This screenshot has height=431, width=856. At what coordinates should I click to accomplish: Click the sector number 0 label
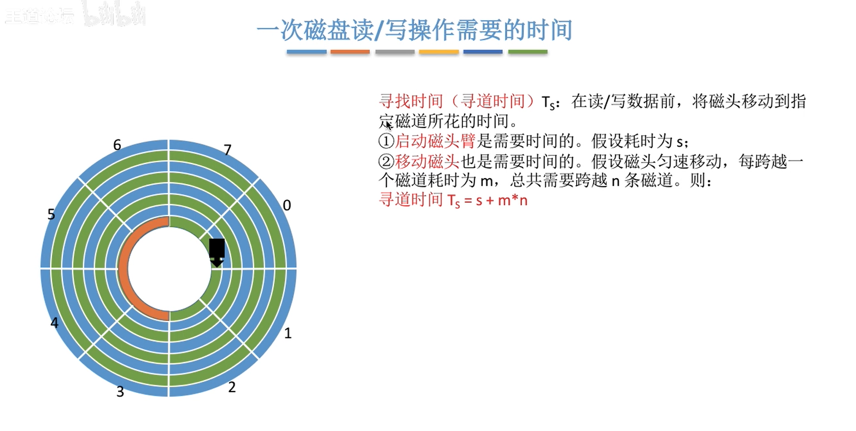[x=287, y=205]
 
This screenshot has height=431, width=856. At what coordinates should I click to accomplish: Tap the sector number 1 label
[x=288, y=333]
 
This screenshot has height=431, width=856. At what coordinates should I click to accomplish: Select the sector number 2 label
[x=232, y=387]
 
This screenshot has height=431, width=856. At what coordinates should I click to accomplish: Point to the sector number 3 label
[x=120, y=392]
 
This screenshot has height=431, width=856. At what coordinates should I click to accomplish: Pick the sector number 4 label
[x=54, y=323]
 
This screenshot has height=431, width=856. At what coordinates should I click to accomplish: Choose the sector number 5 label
[x=51, y=214]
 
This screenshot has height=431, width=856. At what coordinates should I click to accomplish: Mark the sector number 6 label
[x=118, y=145]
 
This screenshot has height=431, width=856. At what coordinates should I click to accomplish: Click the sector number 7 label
[x=227, y=149]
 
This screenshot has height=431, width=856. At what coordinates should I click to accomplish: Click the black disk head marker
[x=216, y=252]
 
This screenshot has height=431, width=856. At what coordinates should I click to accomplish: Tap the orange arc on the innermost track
[x=124, y=269]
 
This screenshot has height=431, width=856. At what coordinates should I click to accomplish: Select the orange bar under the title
[x=350, y=51]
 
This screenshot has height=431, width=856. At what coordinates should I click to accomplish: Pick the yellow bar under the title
[x=439, y=51]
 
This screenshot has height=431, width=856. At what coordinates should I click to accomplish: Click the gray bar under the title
[x=395, y=51]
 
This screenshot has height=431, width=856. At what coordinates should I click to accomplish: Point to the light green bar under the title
[x=527, y=51]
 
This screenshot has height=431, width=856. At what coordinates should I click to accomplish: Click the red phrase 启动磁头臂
[x=435, y=141]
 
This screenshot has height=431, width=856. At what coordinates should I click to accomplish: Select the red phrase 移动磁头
[x=427, y=161]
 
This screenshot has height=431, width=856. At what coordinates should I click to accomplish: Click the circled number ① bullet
[x=386, y=141]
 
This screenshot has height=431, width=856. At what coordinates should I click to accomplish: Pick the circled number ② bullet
[x=386, y=161]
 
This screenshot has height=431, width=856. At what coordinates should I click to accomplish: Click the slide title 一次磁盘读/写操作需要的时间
[x=415, y=30]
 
